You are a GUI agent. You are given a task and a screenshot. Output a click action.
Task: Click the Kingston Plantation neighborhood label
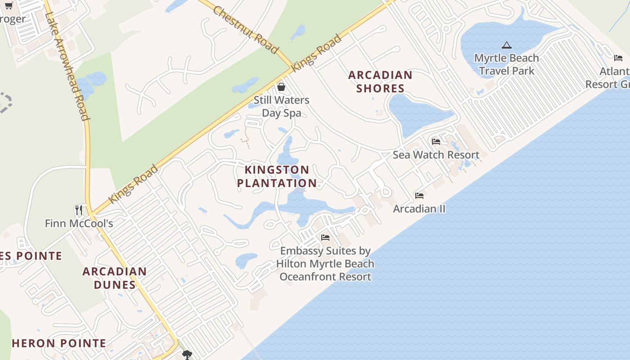coord(277,176)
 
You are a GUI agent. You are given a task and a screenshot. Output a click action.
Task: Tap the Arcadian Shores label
coord(380,81)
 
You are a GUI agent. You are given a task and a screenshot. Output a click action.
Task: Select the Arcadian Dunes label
coord(114,278)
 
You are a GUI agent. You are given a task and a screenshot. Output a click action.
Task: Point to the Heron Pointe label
coord(59,343)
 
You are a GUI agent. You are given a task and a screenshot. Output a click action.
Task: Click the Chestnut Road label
coord(245,30)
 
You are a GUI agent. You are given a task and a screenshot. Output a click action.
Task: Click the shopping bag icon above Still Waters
coord(281,87)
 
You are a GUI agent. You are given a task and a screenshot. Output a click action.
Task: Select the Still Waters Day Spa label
coord(281,106)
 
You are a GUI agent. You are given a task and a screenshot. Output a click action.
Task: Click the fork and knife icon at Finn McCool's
coord(79,210)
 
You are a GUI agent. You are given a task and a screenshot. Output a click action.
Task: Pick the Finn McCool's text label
coord(79,223)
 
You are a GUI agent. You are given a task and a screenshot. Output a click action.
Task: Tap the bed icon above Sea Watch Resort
coord(436,141)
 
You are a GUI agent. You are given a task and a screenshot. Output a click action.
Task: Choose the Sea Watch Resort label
coord(436,155)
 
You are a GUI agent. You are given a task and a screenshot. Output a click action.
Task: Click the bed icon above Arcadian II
coord(419,195)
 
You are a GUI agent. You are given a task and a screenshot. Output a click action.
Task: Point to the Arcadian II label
coord(419,209)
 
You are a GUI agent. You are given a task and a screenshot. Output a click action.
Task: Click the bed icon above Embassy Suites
coord(325,237)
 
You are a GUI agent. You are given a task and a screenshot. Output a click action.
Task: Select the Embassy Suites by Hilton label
coord(325,264)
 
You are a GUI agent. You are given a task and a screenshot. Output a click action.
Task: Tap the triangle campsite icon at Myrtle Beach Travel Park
coord(507,45)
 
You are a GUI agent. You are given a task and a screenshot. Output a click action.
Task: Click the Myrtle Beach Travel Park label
coord(507,64)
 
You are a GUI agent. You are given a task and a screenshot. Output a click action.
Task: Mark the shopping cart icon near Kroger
coord(9,5)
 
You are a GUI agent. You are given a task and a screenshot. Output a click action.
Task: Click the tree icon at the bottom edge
coord(187,355)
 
